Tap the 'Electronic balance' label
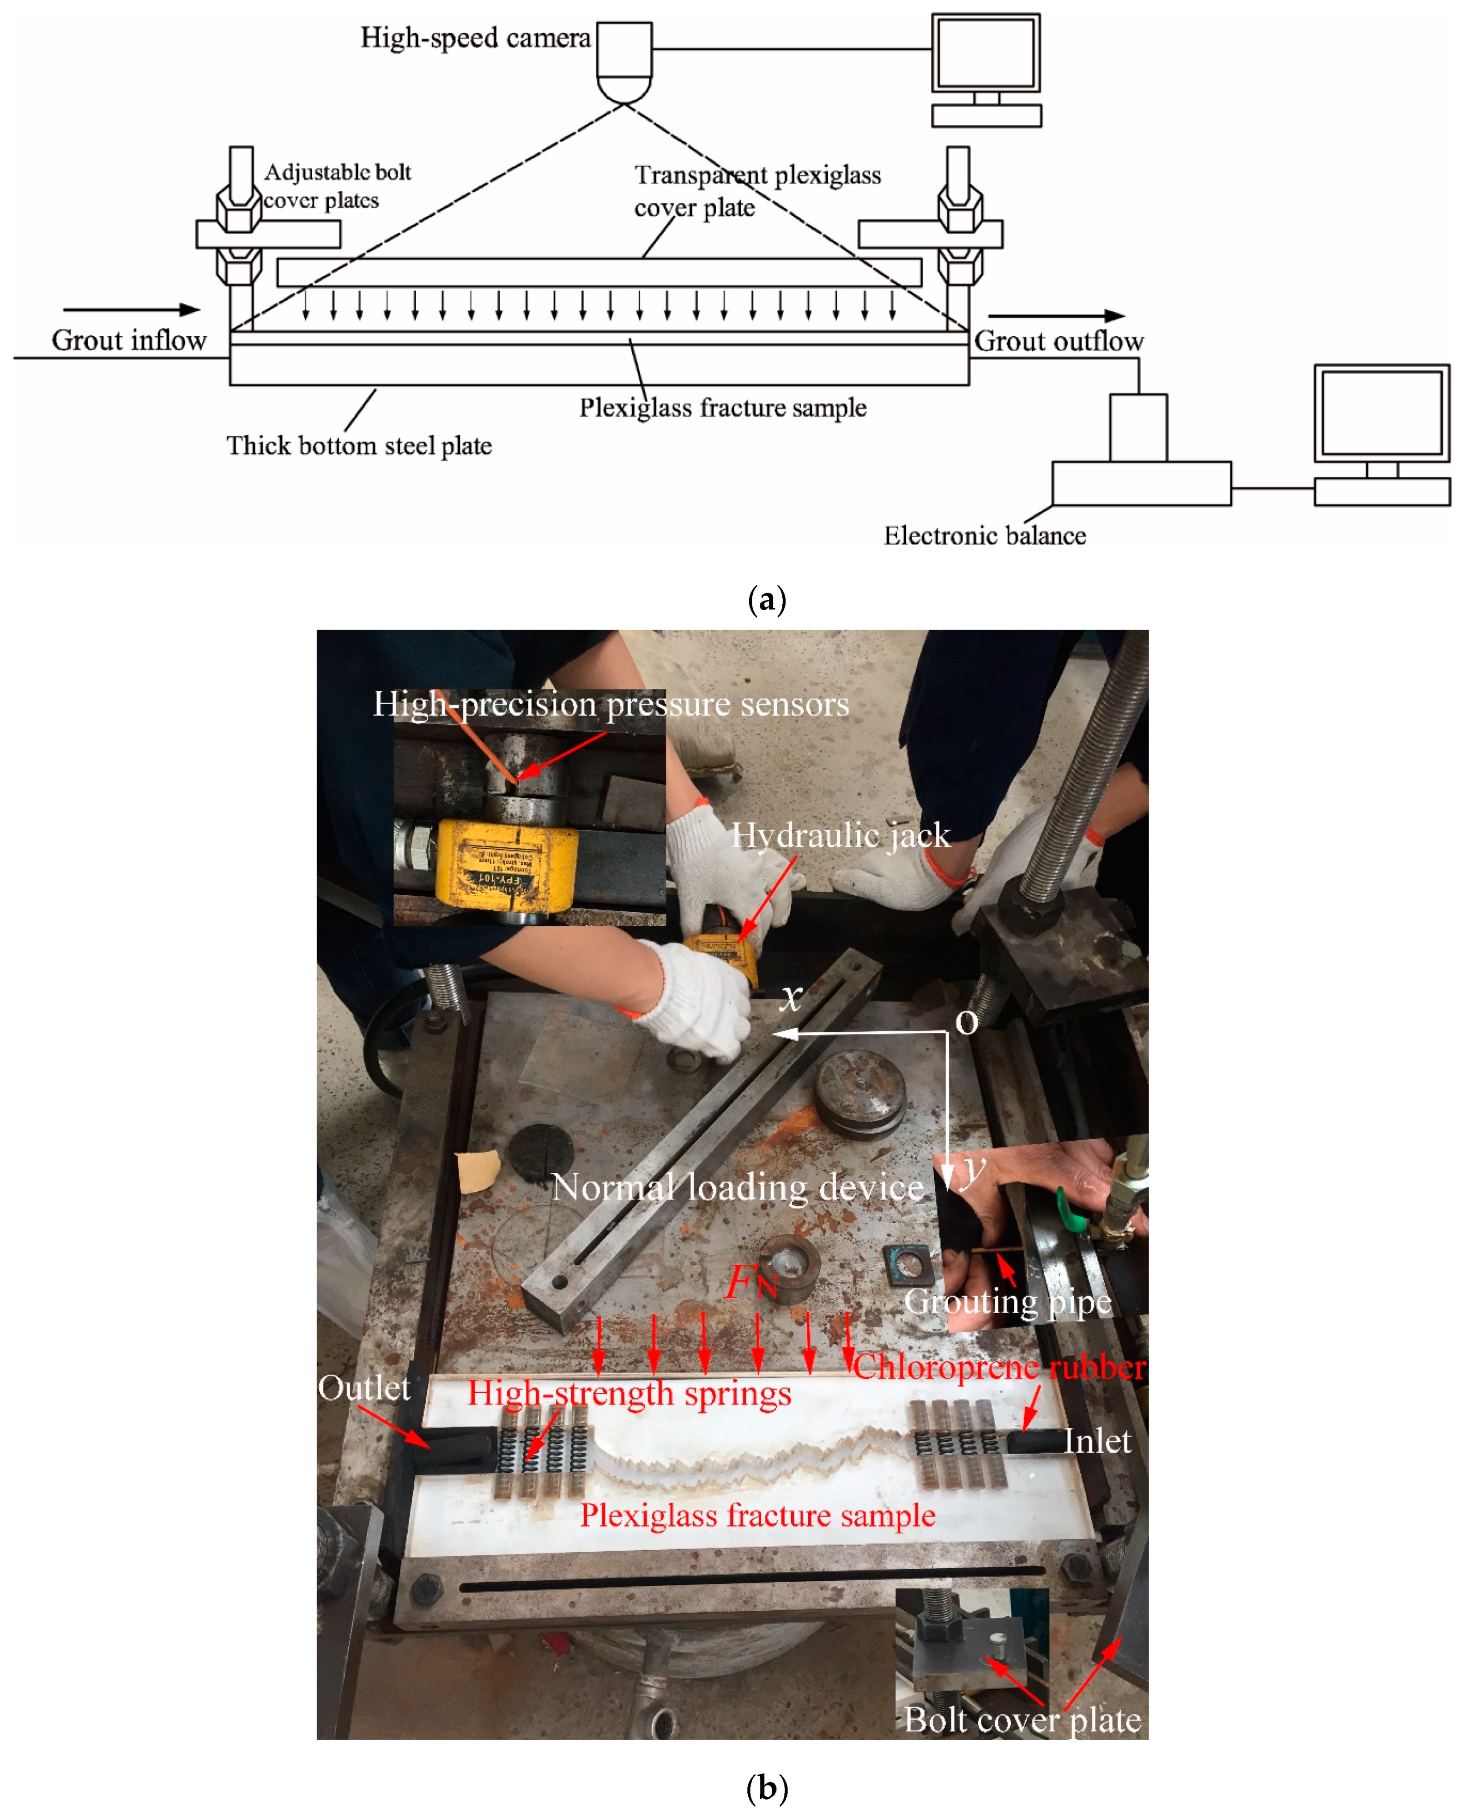click(984, 535)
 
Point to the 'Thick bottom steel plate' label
click(359, 445)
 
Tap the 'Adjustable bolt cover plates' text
click(336, 186)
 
